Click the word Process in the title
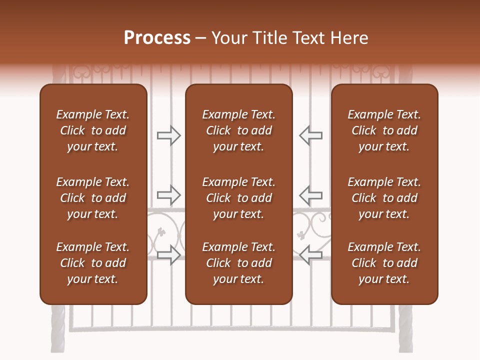point(157,38)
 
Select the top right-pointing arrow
point(168,135)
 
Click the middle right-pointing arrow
point(168,194)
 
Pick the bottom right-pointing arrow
point(168,254)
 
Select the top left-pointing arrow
point(310,135)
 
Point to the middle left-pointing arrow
point(310,194)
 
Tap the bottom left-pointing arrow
point(310,254)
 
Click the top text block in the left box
point(93,130)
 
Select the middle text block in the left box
point(93,198)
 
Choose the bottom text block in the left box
point(93,263)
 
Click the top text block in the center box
point(238,130)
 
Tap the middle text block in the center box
point(238,198)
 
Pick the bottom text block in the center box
point(238,263)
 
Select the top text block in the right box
point(384,130)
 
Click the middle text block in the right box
point(384,198)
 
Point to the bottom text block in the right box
point(384,263)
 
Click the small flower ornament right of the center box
point(301,234)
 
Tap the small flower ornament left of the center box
point(161,231)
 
